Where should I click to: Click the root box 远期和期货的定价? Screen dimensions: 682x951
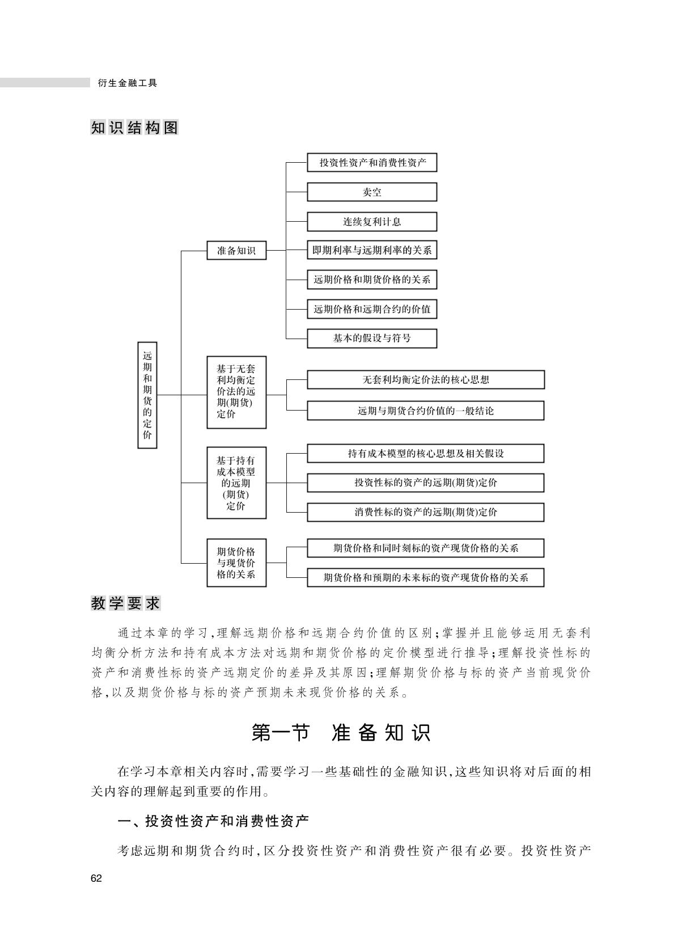click(147, 395)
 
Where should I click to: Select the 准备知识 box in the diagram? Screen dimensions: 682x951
click(236, 250)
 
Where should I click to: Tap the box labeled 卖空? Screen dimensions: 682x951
click(372, 192)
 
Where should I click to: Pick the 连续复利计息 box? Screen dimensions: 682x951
click(372, 221)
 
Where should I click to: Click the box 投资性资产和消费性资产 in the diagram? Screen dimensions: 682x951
click(372, 163)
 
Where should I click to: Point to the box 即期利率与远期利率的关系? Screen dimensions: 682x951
click(372, 250)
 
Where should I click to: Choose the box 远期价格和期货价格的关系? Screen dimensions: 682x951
click(372, 280)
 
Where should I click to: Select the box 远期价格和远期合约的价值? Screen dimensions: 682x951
click(372, 309)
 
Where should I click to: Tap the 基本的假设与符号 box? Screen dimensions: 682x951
click(372, 339)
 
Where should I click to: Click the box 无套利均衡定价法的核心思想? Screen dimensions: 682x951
click(426, 379)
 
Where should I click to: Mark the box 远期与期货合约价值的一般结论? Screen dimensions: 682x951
click(426, 411)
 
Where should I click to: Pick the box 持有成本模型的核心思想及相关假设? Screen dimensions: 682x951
click(426, 454)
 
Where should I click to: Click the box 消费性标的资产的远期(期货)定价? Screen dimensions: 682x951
click(426, 512)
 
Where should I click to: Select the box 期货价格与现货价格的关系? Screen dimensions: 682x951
click(236, 563)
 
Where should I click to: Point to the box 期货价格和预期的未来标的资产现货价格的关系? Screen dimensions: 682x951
click(426, 577)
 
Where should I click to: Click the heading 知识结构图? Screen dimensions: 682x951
click(134, 128)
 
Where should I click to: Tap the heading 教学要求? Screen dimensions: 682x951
click(126, 603)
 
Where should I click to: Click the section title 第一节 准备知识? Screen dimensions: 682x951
click(341, 732)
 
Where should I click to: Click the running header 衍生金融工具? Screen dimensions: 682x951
click(128, 83)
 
